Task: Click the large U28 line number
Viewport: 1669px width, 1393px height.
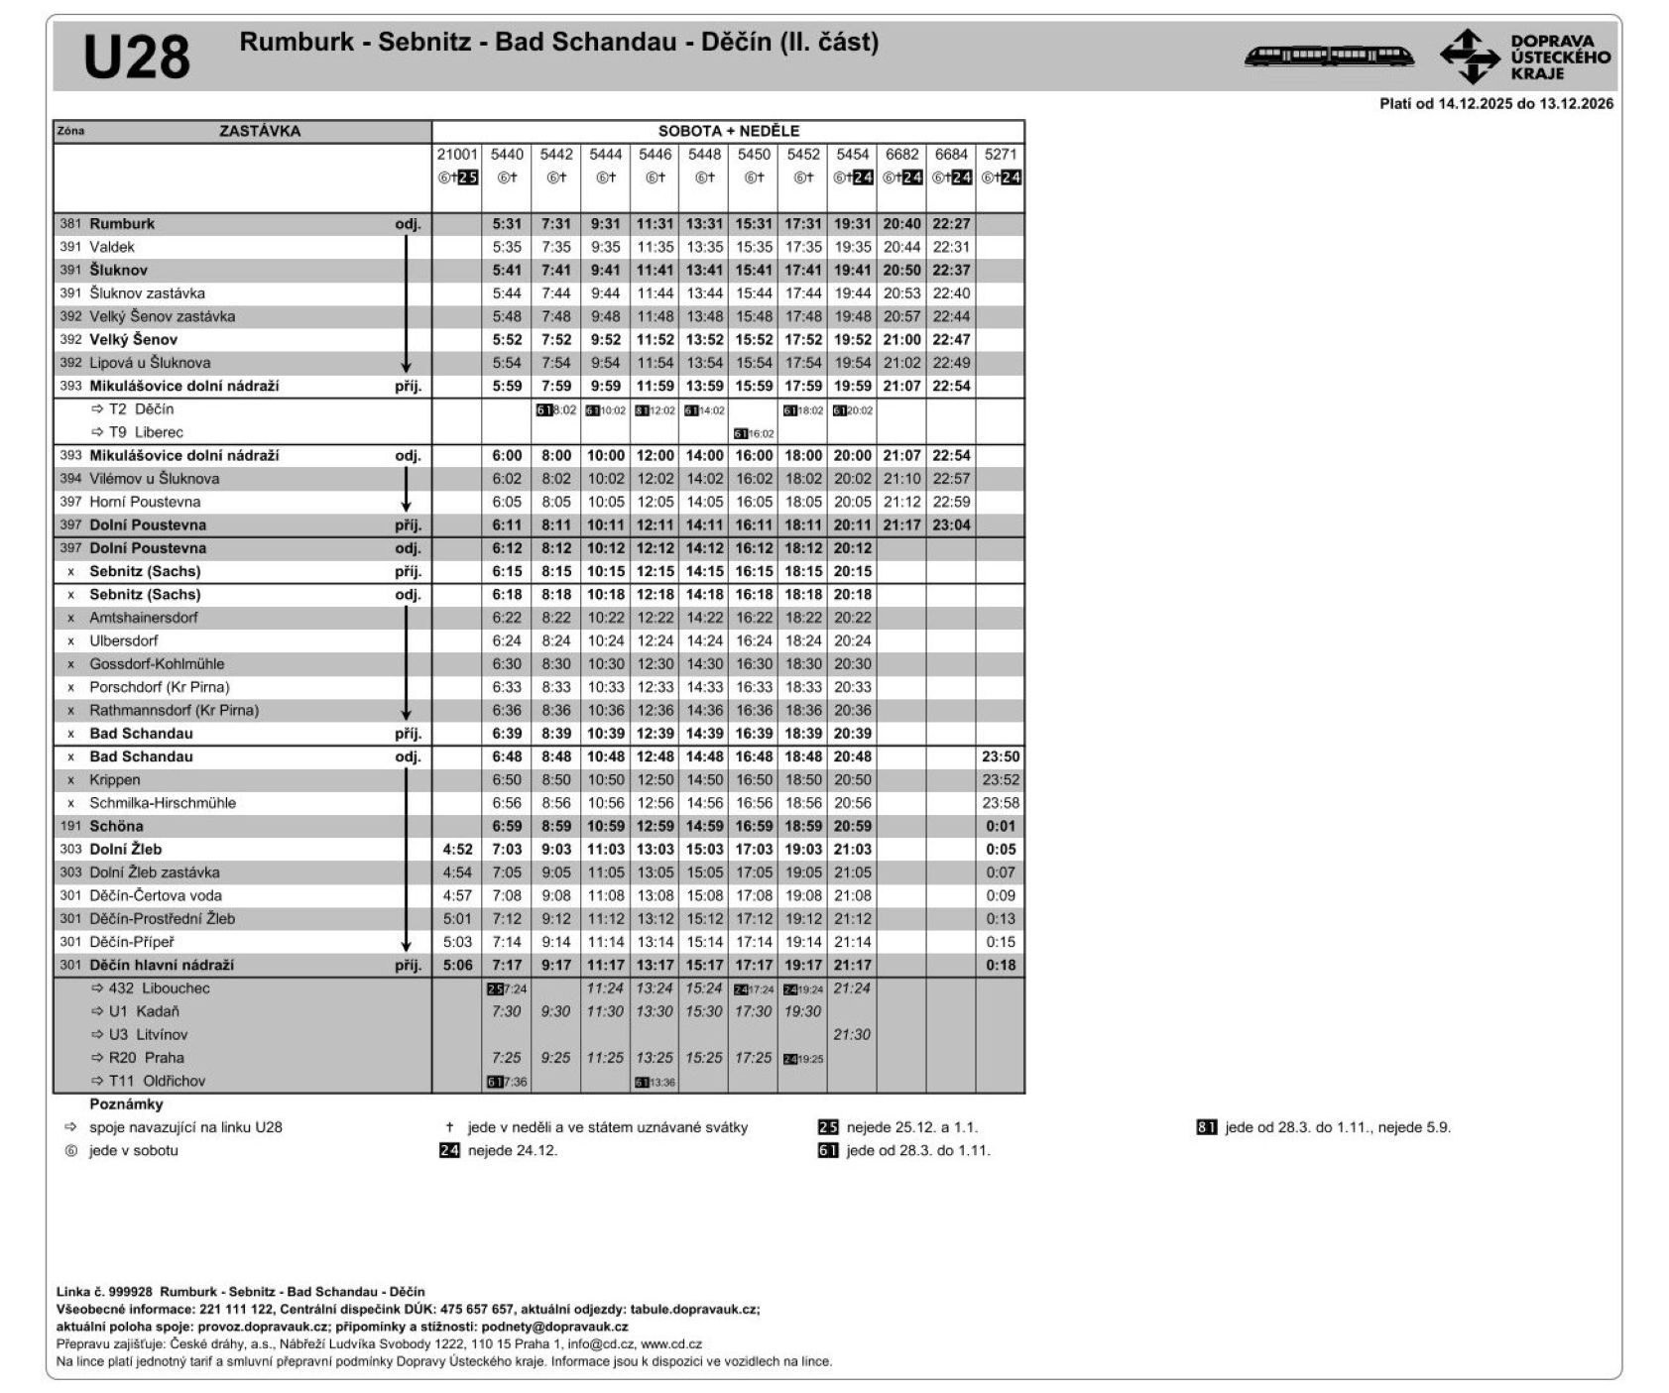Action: click(137, 57)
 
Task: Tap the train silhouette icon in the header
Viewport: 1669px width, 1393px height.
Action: click(1328, 56)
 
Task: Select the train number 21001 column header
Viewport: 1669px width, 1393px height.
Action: click(457, 155)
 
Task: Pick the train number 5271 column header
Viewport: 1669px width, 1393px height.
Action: click(1000, 155)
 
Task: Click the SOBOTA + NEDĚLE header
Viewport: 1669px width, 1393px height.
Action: click(728, 131)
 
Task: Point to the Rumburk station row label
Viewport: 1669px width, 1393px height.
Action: click(122, 224)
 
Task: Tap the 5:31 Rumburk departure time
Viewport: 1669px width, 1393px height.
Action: click(507, 224)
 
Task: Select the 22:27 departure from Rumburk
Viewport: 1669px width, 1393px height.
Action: click(951, 224)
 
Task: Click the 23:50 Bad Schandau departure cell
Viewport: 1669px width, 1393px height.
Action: click(1000, 756)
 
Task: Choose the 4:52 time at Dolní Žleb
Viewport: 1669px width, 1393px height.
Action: click(457, 850)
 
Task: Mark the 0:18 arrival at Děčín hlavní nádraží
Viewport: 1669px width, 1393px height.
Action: click(1000, 966)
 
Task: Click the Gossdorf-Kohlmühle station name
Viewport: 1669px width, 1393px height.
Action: click(157, 664)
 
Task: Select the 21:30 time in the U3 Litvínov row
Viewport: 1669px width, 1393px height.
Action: click(852, 1035)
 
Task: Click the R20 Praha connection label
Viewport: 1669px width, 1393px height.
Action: click(146, 1058)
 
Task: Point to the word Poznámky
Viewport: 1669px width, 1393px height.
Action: click(126, 1104)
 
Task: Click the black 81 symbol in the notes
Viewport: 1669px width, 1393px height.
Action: click(1206, 1127)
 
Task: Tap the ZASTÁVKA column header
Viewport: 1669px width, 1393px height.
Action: click(260, 131)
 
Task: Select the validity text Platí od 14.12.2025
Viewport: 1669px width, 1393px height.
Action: click(1495, 104)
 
